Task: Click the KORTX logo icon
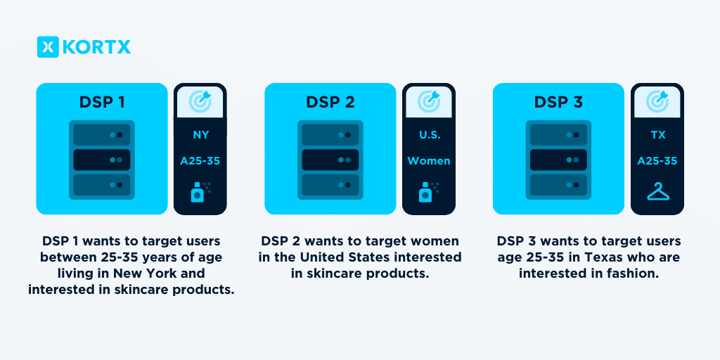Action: pos(48,46)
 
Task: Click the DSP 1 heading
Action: pos(102,102)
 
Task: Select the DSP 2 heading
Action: pos(330,102)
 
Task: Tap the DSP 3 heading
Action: pos(558,102)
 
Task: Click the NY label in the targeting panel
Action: pos(200,135)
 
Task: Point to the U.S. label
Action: pos(429,135)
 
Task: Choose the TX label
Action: pos(657,135)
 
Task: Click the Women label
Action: pos(429,161)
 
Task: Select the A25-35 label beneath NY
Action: pos(200,161)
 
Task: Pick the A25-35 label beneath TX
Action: pos(657,161)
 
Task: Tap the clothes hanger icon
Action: pos(657,191)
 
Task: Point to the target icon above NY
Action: pos(200,101)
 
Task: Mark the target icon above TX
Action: pos(657,101)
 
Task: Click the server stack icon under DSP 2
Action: pos(330,160)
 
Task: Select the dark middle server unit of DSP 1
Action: pos(102,160)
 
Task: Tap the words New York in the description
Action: pos(150,273)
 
